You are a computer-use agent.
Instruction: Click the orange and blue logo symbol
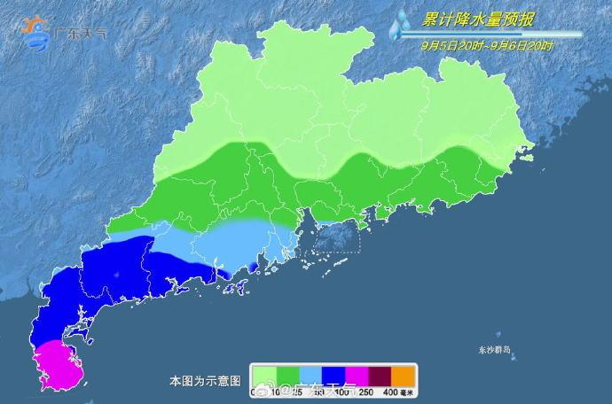[36, 32]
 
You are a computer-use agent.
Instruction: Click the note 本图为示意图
[205, 381]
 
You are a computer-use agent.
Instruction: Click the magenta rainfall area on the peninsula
[56, 364]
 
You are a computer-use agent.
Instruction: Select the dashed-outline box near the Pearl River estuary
[332, 238]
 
